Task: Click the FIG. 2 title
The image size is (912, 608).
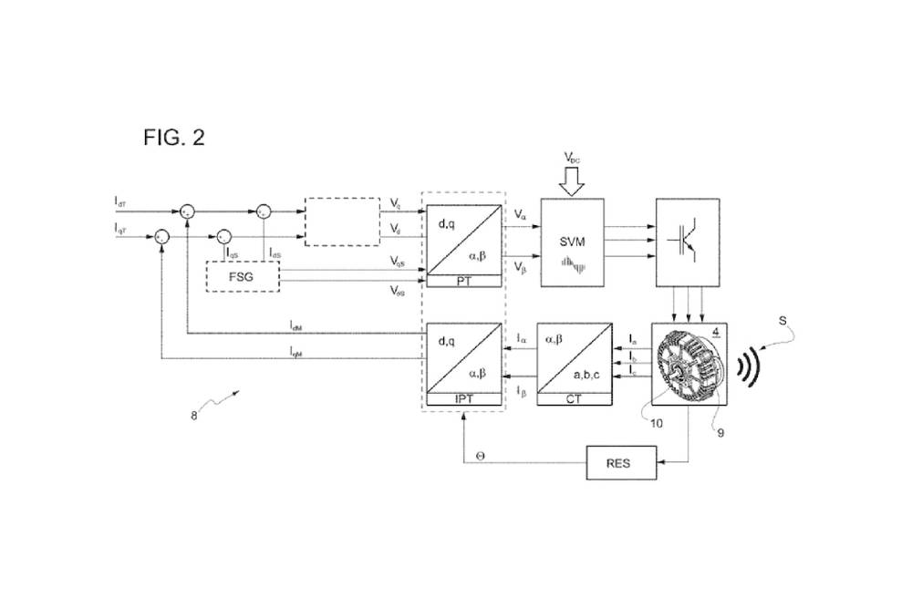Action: (x=174, y=138)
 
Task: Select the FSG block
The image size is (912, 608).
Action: (x=243, y=275)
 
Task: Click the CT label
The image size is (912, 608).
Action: (x=573, y=399)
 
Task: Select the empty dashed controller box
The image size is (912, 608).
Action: (x=342, y=222)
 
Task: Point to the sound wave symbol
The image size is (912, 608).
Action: (x=748, y=364)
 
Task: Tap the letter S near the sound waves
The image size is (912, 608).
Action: (x=782, y=320)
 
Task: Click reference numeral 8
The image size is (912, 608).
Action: (x=193, y=416)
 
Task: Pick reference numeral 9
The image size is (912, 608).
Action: (x=720, y=433)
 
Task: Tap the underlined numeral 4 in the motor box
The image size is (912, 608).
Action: (x=716, y=332)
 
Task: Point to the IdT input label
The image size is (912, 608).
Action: (x=121, y=199)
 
